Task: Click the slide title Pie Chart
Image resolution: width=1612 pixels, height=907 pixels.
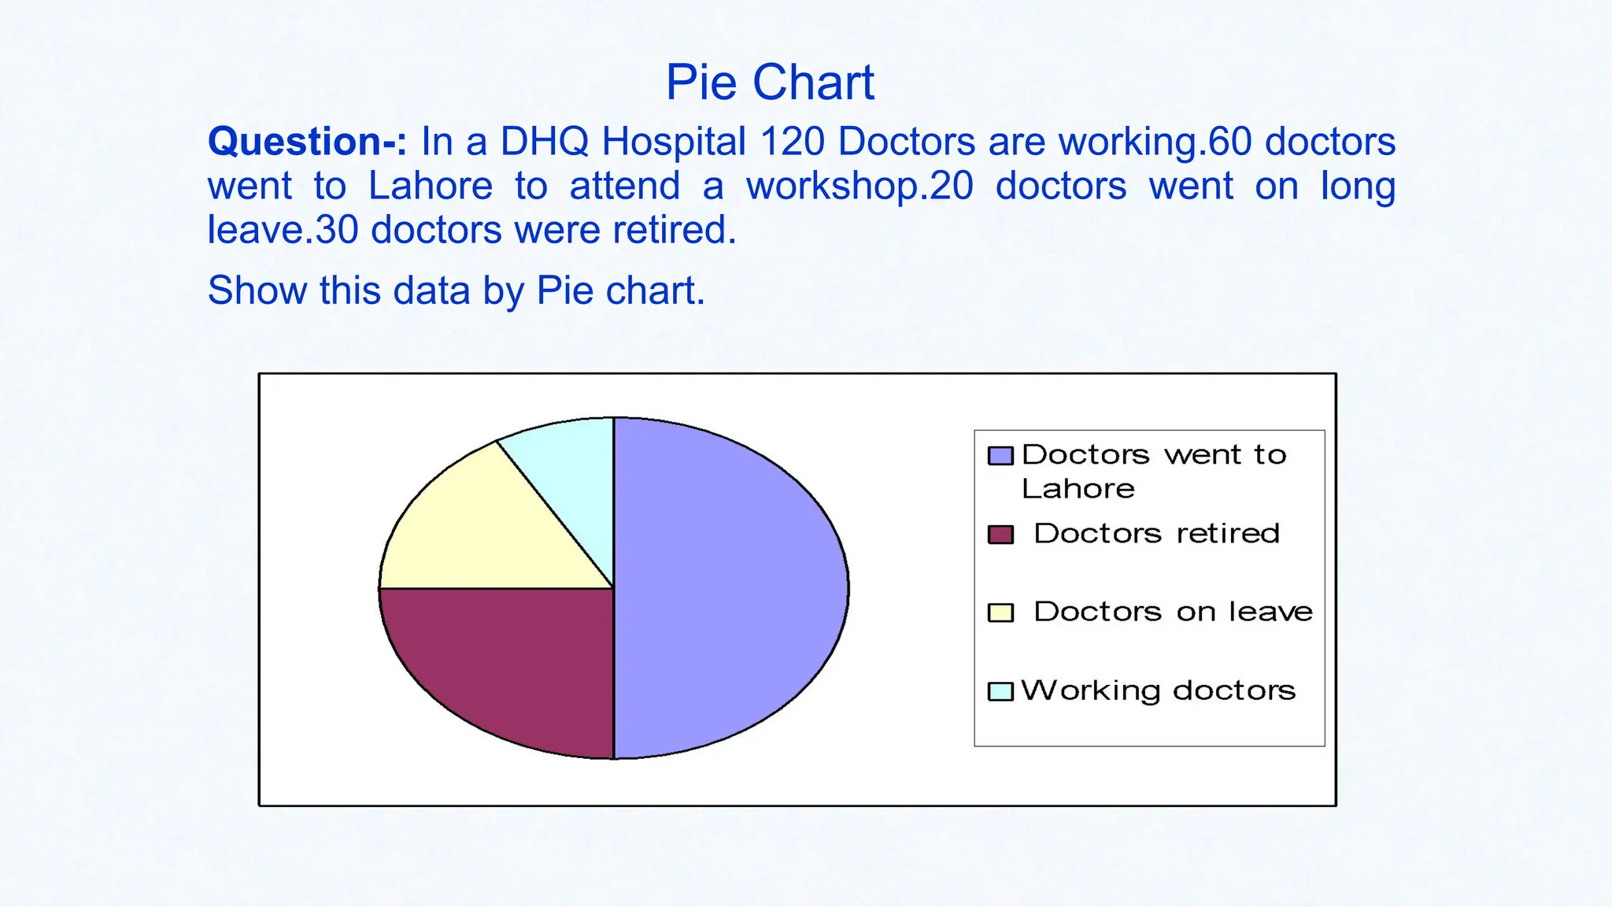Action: tap(769, 82)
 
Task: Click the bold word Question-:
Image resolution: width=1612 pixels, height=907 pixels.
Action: tap(307, 142)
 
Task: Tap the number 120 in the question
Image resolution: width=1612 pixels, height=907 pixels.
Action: tap(792, 142)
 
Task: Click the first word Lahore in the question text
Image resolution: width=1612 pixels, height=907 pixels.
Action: tap(430, 186)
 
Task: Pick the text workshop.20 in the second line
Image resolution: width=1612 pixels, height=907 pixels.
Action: tap(860, 186)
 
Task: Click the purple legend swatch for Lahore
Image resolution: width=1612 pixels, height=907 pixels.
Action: tap(1000, 456)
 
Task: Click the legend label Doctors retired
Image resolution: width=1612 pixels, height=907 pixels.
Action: tap(1156, 534)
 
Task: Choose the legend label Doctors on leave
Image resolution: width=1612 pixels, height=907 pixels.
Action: tap(1173, 612)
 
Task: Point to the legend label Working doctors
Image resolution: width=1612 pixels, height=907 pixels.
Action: tap(1158, 690)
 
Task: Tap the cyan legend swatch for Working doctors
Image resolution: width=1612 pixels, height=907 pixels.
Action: tap(1000, 691)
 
